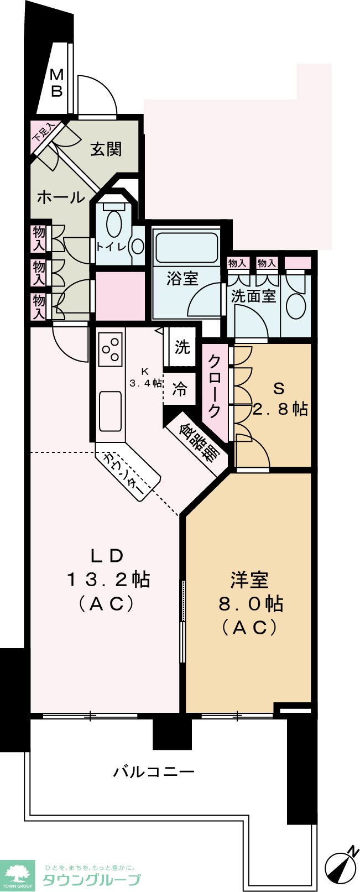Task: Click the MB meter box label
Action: click(56, 83)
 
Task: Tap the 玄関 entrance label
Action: click(106, 149)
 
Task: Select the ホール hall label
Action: click(61, 197)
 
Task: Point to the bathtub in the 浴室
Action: click(186, 248)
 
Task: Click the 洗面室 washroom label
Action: click(253, 296)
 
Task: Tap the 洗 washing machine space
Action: click(182, 347)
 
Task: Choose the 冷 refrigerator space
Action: click(180, 389)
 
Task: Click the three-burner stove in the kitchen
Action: click(111, 350)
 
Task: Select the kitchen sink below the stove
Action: click(110, 411)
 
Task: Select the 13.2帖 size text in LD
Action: click(108, 580)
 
